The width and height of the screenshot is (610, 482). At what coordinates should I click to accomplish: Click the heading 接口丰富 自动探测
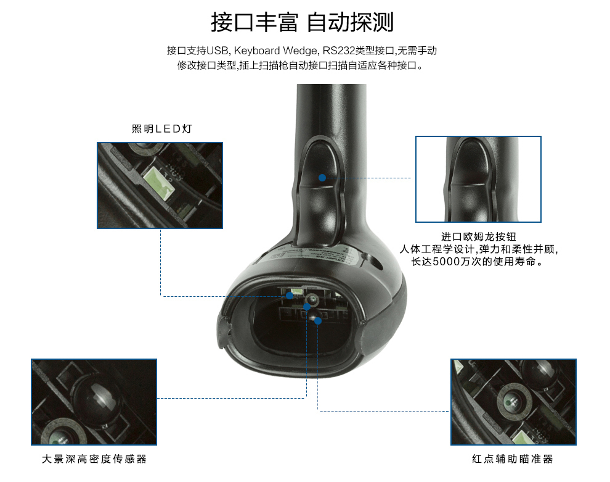coord(303,22)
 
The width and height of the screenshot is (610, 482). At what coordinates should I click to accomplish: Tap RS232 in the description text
coord(338,51)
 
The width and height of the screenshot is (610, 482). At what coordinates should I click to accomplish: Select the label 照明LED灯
coord(162,128)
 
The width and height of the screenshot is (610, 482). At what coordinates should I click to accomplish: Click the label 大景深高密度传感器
coord(94,459)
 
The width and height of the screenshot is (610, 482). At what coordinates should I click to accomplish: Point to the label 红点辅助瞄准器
coord(513,459)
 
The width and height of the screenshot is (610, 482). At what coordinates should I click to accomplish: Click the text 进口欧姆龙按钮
coord(479,236)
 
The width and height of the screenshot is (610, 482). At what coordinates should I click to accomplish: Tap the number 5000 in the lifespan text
coord(446,262)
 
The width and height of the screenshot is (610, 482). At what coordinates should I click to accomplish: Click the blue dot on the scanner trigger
coord(322,178)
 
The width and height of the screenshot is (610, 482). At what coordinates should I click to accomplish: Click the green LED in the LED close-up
coord(159,183)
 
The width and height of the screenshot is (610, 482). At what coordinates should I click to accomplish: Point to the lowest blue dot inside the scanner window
coord(318,321)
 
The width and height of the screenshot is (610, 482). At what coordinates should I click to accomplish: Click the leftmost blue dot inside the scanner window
coord(290,296)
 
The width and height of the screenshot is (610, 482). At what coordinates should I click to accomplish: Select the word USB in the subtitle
coord(218,51)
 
